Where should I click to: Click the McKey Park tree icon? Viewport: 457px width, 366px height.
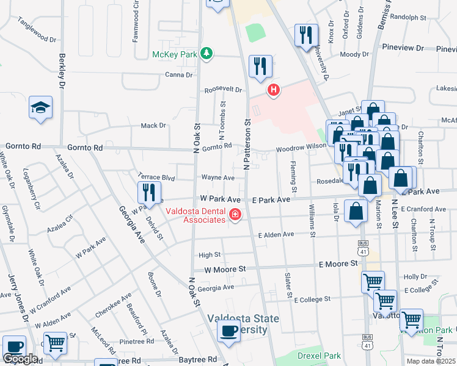pos(207,54)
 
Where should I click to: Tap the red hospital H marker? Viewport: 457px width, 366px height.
pos(274,91)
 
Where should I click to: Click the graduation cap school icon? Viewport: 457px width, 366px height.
pos(41,108)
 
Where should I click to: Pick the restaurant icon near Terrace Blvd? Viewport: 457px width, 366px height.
pos(149,192)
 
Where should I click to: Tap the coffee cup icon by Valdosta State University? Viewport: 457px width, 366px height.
pos(229,331)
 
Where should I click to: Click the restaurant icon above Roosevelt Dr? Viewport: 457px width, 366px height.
pos(261,66)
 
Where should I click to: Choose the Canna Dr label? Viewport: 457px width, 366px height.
pos(179,75)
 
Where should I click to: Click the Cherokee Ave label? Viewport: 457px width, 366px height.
pos(114,306)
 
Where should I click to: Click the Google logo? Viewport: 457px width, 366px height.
pos(20,359)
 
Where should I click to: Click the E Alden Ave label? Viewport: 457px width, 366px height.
pos(276,234)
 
